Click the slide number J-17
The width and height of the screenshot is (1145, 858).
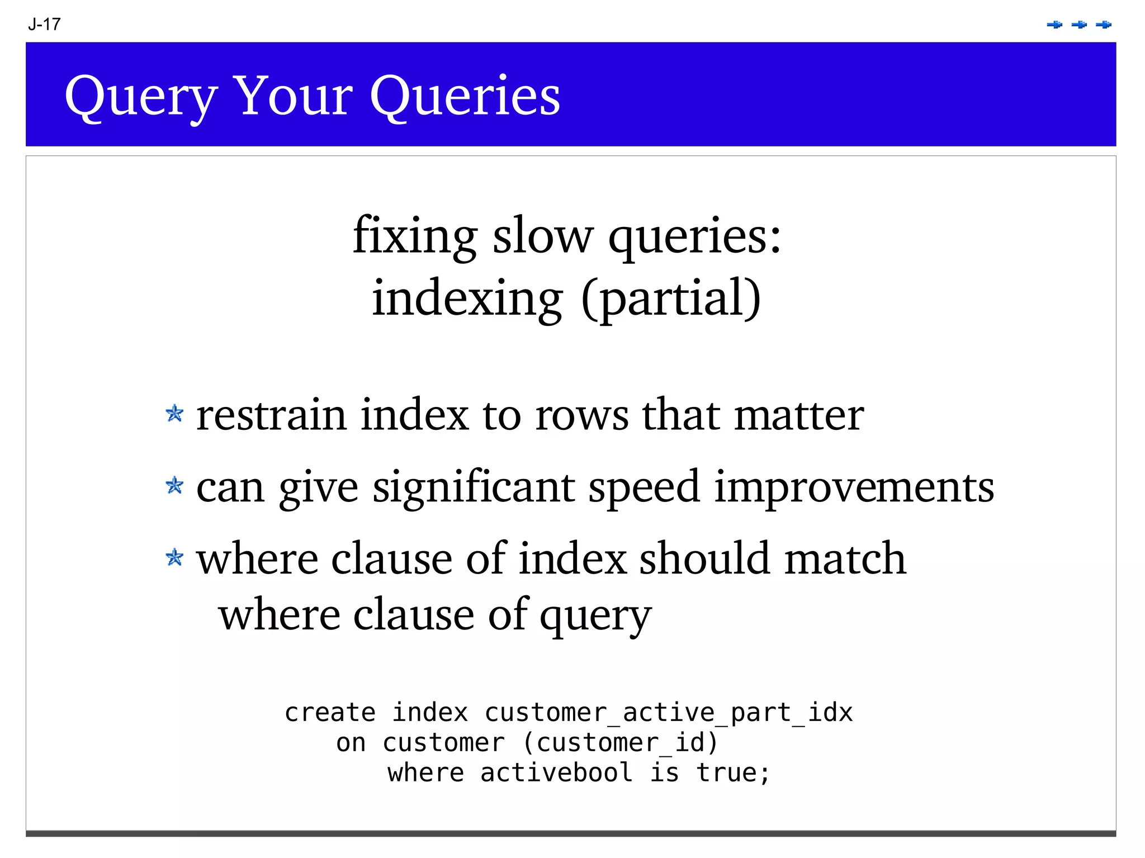pos(44,25)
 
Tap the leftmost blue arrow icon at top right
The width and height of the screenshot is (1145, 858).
pos(1054,25)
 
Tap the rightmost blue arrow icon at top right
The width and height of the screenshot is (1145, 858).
pos(1104,25)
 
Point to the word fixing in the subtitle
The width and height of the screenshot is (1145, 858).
pos(415,236)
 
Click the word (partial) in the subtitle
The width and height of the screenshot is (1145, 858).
pos(671,298)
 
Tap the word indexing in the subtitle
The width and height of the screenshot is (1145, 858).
pos(467,298)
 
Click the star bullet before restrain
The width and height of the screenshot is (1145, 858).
pos(174,414)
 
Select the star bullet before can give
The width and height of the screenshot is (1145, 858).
pos(174,485)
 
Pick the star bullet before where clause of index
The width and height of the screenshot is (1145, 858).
pos(174,557)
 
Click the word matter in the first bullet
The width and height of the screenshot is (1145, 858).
pos(799,416)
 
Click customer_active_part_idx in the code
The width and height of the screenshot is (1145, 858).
pos(669,713)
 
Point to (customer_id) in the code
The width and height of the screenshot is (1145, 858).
pos(621,743)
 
